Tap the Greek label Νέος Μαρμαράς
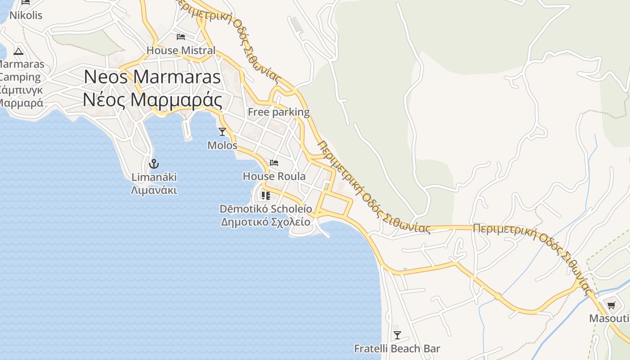[152, 100]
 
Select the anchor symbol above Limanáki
[154, 163]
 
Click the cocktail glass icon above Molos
[222, 131]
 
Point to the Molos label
[222, 145]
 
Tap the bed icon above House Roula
[274, 162]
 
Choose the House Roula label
[274, 176]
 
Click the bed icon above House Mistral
[181, 36]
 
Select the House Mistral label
[181, 50]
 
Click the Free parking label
[279, 112]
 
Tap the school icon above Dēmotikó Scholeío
[265, 195]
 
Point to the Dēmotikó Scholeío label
[265, 209]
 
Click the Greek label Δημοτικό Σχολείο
[265, 222]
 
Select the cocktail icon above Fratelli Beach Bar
[397, 335]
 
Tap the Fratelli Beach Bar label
[397, 349]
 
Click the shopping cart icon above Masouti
[611, 306]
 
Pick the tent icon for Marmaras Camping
[18, 51]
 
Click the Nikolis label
[26, 15]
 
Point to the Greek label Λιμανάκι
[154, 190]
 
